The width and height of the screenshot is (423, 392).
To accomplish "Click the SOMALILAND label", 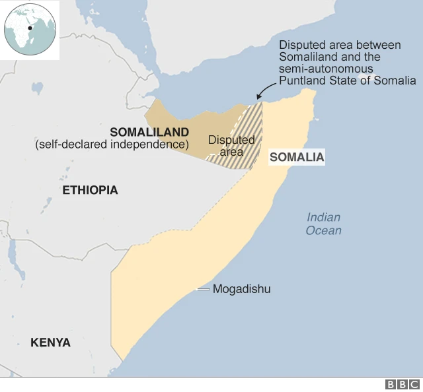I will tap(149, 132).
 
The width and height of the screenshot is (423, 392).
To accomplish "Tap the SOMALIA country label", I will tap(297, 158).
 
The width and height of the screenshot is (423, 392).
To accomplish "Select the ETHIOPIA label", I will tap(90, 190).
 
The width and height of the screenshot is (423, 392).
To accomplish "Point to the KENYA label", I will tap(50, 343).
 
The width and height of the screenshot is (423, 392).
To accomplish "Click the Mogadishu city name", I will tap(241, 289).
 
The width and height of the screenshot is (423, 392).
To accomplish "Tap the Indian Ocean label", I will tap(323, 224).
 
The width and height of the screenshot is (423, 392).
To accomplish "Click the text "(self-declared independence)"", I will tap(112, 144).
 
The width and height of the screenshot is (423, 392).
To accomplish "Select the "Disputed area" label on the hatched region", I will tap(231, 146).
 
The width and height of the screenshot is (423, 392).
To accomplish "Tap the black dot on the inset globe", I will tap(30, 28).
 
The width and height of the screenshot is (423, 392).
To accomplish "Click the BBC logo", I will tap(403, 384).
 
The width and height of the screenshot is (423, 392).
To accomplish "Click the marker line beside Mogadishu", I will tap(204, 290).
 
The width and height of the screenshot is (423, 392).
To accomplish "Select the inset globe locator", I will tap(30, 30).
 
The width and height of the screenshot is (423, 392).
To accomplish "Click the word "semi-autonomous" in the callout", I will tap(326, 69).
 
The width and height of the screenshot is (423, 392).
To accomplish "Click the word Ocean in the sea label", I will tap(323, 230).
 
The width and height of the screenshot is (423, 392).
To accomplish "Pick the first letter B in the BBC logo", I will tap(391, 384).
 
